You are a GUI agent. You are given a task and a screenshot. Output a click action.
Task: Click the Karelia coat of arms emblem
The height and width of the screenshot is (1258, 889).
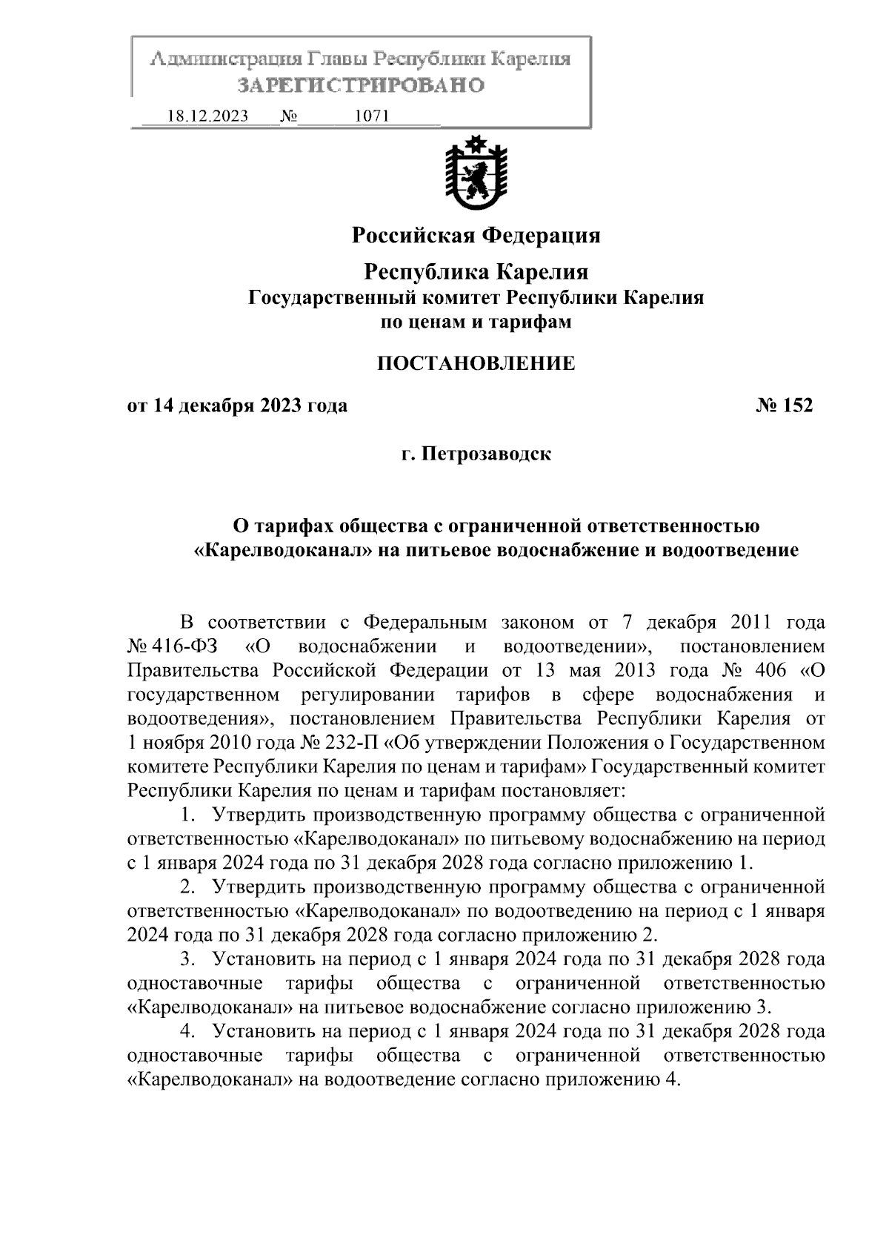point(476,171)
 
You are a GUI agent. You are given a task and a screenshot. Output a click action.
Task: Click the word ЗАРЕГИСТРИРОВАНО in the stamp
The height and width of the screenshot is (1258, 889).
point(361,85)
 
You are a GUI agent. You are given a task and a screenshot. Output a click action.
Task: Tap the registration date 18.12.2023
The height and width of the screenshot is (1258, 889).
point(207,116)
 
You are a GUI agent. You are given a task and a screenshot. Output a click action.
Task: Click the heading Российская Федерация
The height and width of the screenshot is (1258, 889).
point(476,236)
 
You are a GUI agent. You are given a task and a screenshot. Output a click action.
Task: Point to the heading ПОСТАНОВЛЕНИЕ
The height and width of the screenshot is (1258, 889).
point(476,363)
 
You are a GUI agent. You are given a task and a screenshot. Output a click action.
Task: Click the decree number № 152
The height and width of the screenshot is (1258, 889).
point(784,406)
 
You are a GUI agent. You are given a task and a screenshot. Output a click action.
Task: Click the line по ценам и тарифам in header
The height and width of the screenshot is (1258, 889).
point(476,322)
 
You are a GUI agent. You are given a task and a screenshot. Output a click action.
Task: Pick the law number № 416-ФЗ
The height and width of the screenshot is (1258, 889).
point(172,646)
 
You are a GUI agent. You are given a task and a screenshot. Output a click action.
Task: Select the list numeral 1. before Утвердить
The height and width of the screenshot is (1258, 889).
point(188,815)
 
